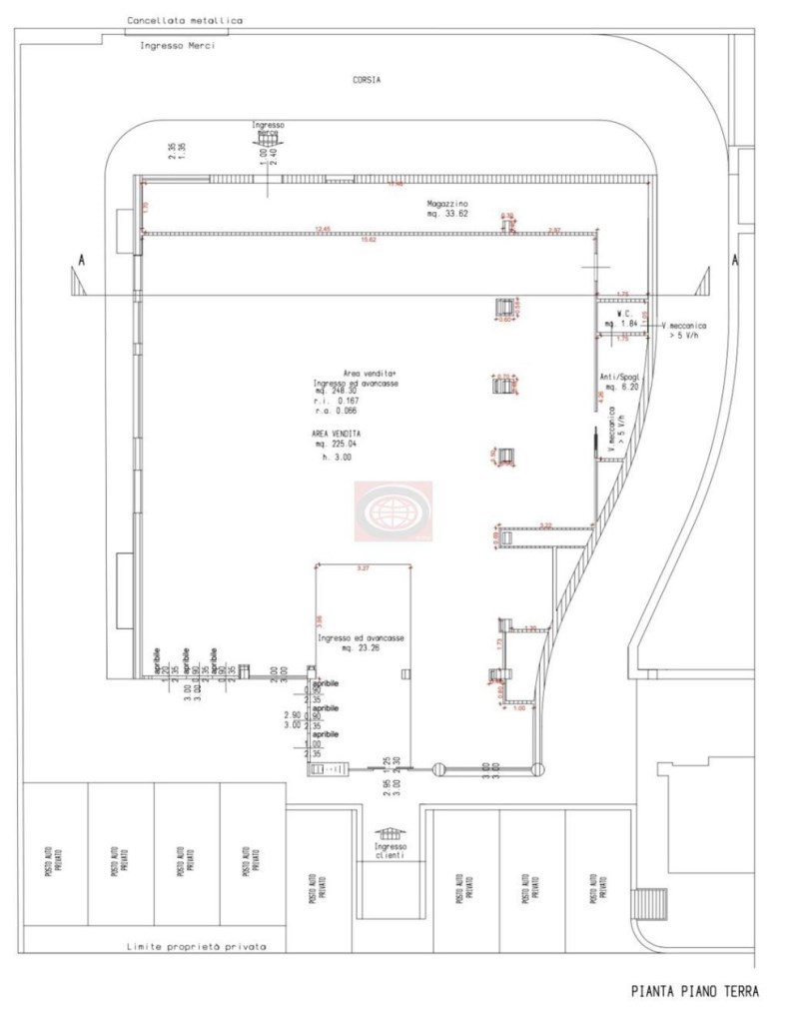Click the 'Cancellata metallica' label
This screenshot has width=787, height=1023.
(x=185, y=20)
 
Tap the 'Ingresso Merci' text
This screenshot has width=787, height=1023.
(x=178, y=45)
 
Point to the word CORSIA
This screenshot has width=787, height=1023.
(x=367, y=79)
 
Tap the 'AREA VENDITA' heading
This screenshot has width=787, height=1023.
(x=335, y=434)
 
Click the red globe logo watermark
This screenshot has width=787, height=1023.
(x=393, y=511)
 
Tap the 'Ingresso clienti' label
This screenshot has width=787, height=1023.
(x=391, y=851)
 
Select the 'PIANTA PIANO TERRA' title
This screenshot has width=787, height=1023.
(x=694, y=992)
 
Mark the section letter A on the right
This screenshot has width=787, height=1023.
(x=735, y=261)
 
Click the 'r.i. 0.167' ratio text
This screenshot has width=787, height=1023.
(x=337, y=401)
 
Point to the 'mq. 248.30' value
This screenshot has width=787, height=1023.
(x=338, y=391)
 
